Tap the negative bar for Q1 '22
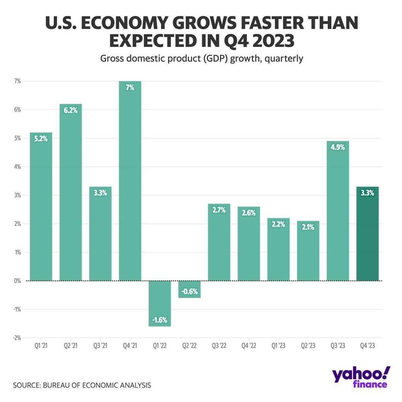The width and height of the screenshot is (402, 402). click(160, 303)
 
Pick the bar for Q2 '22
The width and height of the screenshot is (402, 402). click(189, 289)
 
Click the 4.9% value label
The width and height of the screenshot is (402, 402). click(338, 147)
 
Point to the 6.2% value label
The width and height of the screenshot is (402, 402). click(70, 110)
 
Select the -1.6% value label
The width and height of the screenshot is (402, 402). click(160, 320)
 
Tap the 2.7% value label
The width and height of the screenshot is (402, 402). click(219, 210)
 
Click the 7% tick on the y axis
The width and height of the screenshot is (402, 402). click(17, 81)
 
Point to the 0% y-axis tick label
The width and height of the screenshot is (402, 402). click(17, 281)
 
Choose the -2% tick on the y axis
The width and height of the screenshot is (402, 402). click(17, 338)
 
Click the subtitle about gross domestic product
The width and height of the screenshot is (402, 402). click(201, 59)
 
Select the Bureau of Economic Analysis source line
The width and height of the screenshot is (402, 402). click(82, 385)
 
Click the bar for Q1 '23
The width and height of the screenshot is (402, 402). click(278, 249)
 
